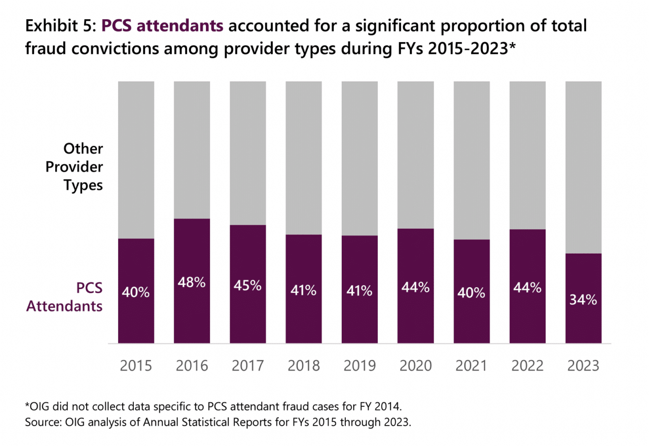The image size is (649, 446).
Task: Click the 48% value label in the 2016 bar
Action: tap(192, 283)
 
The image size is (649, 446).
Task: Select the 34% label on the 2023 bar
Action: tap(583, 300)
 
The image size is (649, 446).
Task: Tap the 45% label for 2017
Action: tap(247, 286)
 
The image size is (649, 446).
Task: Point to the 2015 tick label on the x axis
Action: tap(136, 365)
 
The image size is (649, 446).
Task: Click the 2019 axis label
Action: tap(359, 365)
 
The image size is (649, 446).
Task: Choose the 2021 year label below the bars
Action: tap(472, 365)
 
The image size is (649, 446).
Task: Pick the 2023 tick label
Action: tap(583, 365)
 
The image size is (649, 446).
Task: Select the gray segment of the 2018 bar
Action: tap(304, 157)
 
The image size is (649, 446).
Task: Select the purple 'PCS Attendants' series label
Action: tap(64, 297)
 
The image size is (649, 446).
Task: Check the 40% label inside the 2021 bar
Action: tap(472, 293)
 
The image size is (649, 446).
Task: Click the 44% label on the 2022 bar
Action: tap(527, 288)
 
